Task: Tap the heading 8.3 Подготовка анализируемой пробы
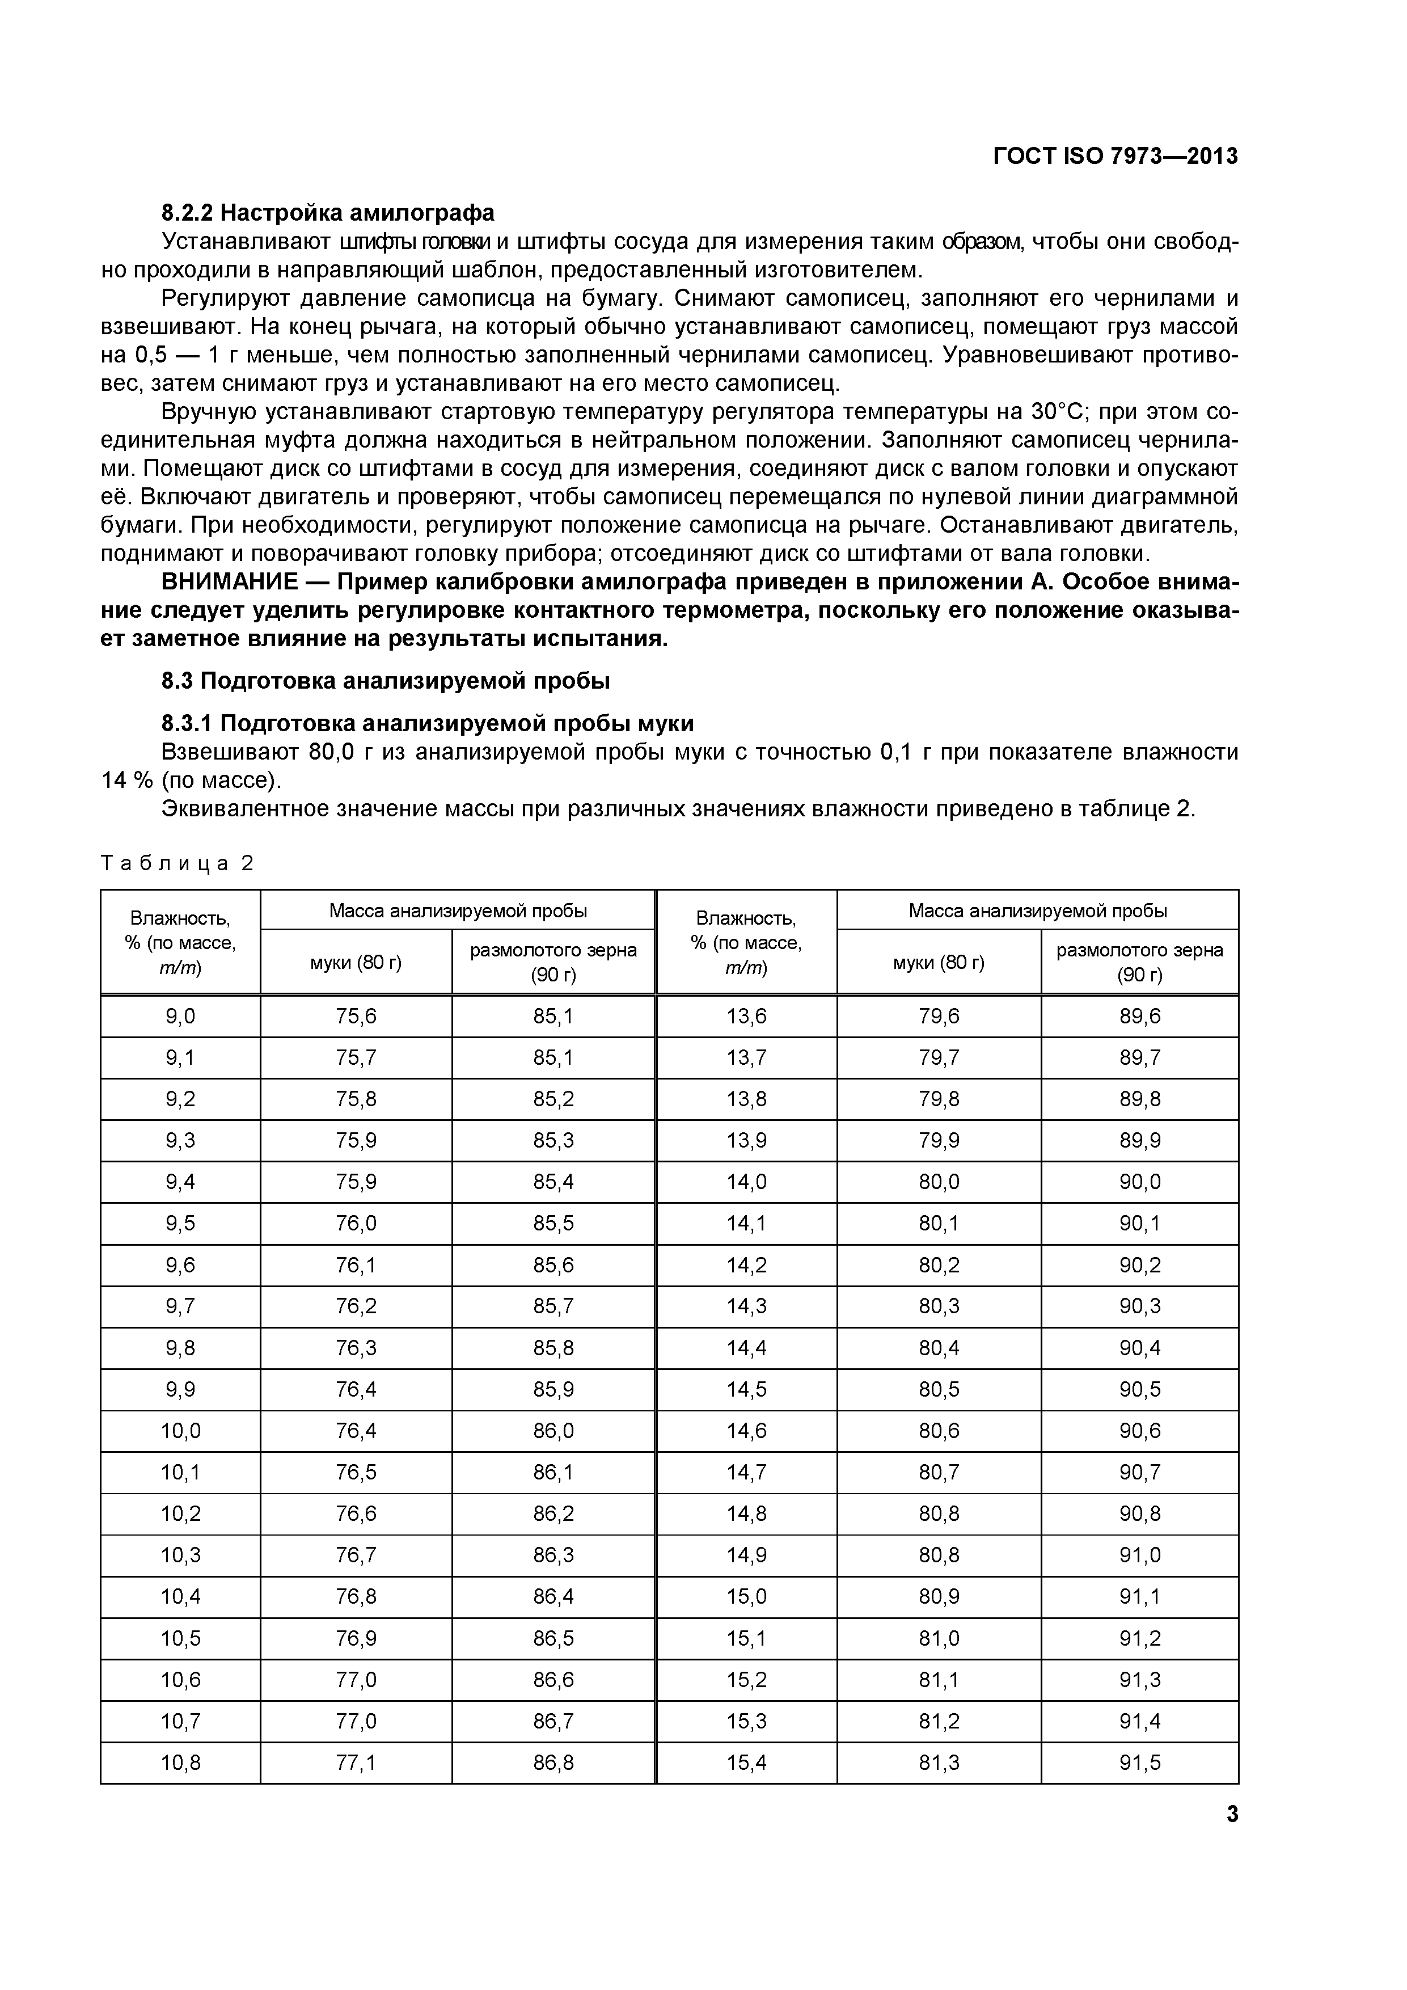click(x=386, y=681)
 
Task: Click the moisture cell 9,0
click(x=180, y=1016)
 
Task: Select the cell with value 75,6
click(x=356, y=1016)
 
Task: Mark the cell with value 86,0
click(x=553, y=1431)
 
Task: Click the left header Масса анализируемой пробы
click(x=458, y=911)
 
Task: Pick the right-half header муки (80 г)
click(x=939, y=962)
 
